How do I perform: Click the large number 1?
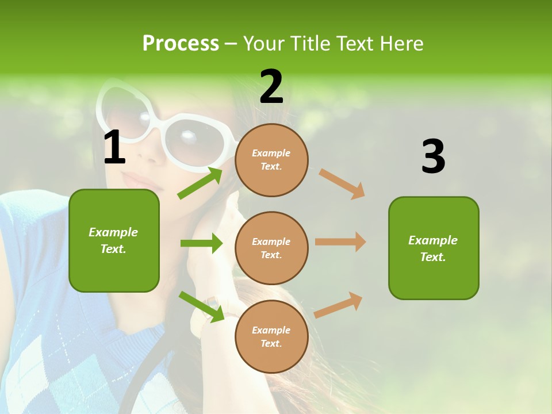(114, 148)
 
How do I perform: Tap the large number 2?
(271, 86)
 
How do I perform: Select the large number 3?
(433, 157)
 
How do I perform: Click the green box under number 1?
(114, 240)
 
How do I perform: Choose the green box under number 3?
(434, 248)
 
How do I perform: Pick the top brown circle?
(271, 160)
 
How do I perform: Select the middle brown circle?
(271, 248)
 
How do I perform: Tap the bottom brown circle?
(271, 336)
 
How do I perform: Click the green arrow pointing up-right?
(201, 183)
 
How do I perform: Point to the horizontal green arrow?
(201, 243)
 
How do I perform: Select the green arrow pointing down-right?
(202, 306)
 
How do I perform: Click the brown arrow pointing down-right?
(342, 184)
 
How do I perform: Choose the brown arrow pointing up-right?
(339, 305)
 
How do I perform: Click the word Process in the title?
(181, 43)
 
